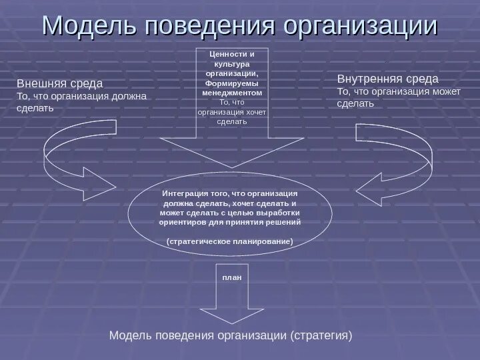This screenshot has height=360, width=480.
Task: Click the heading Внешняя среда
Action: pos(59,83)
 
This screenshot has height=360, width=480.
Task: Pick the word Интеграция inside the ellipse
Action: pos(185,193)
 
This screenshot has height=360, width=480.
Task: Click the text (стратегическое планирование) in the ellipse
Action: pos(230,241)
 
